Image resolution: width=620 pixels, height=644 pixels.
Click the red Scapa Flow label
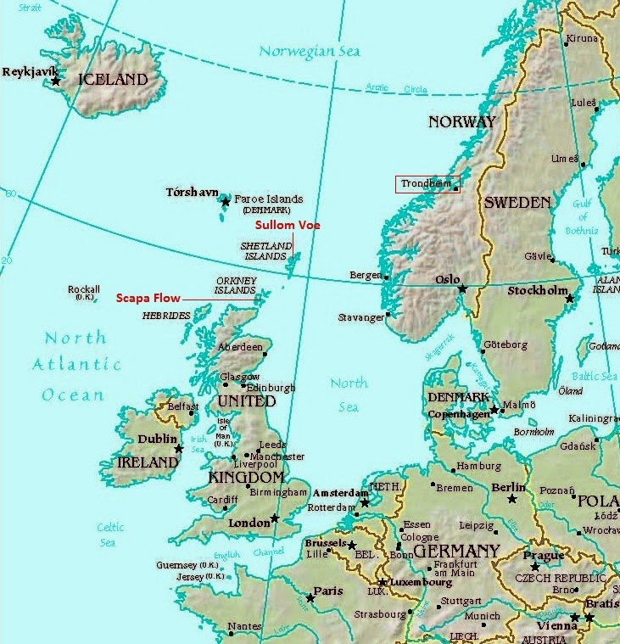click(x=148, y=298)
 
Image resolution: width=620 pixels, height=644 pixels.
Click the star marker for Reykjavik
click(x=56, y=81)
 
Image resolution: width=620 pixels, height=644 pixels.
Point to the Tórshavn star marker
click(x=225, y=201)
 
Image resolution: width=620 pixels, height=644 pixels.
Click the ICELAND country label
click(x=113, y=80)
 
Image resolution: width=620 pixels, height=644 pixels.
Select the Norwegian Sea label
click(x=310, y=52)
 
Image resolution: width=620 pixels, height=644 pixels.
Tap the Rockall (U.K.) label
click(x=84, y=293)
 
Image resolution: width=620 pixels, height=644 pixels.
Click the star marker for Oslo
click(x=462, y=289)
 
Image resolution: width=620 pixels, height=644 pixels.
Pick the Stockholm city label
click(x=537, y=291)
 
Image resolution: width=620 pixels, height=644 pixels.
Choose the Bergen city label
click(x=365, y=276)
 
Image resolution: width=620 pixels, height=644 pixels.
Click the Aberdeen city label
click(x=240, y=347)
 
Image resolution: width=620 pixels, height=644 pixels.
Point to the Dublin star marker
click(x=179, y=449)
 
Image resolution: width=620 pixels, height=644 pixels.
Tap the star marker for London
click(x=275, y=518)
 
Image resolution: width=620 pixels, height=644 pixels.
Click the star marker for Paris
click(x=310, y=598)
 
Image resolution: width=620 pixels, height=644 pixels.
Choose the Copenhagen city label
click(x=458, y=414)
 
